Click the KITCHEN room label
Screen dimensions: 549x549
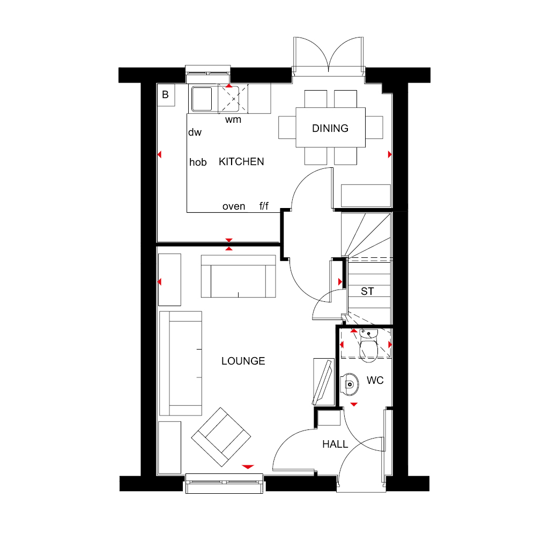(241, 162)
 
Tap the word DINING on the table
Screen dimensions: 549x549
(330, 129)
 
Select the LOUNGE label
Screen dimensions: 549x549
(243, 361)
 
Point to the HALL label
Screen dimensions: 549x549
(335, 444)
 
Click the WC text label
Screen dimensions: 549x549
(375, 380)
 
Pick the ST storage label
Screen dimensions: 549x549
(367, 291)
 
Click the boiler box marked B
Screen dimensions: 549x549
(166, 95)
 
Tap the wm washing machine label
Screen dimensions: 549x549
(233, 120)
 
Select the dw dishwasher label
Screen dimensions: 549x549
(195, 132)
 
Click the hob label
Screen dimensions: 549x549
(198, 162)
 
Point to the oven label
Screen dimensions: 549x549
(234, 206)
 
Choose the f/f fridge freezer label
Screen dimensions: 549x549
(264, 206)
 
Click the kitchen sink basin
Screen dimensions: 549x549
(202, 99)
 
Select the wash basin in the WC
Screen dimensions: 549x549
(350, 384)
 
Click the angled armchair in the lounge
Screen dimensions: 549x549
(221, 437)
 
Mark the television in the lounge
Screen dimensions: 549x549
(323, 382)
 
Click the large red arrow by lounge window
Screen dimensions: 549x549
(248, 467)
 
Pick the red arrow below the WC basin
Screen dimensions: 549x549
(354, 404)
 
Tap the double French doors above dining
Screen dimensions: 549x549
(329, 56)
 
